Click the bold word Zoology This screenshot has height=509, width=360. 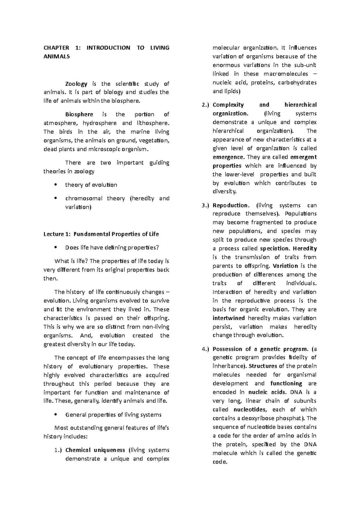[x=76, y=84]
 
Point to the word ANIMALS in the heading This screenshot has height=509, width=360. [x=57, y=56]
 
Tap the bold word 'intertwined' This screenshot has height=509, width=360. [x=229, y=318]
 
